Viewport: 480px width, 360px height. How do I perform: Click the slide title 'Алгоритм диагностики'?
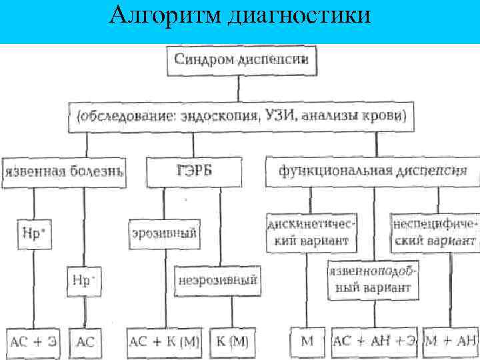coord(239,15)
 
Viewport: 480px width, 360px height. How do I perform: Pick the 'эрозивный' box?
coord(164,233)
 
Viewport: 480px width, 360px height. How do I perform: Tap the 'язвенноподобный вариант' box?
coord(373,279)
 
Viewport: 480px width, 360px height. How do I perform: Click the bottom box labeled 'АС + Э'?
coord(33,343)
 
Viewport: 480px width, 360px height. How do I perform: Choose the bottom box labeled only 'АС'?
coord(85,343)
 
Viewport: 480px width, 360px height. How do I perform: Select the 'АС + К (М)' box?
coord(165,343)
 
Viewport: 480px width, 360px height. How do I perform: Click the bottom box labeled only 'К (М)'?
coord(232,343)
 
